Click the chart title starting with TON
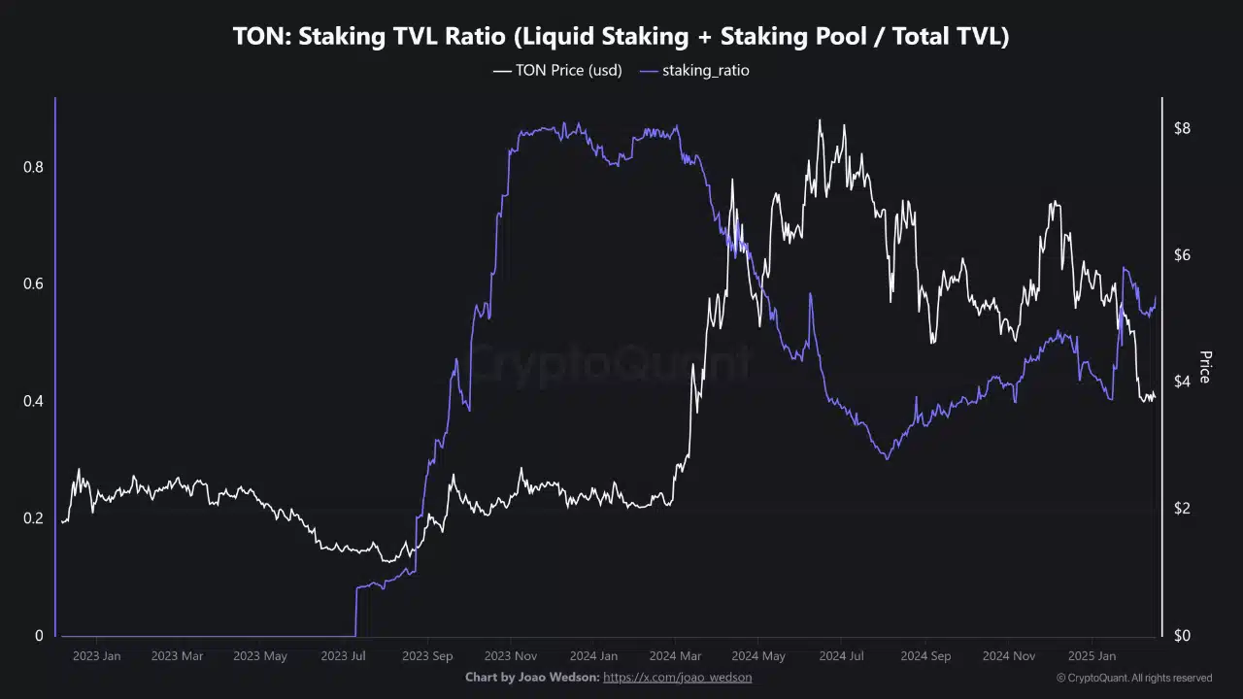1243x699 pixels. point(621,37)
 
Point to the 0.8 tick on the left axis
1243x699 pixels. point(33,167)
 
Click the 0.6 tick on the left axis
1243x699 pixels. point(33,284)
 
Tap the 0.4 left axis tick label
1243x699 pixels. point(33,402)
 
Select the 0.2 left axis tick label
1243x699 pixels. point(33,518)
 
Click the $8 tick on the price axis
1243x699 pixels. point(1183,129)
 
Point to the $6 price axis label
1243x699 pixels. point(1183,255)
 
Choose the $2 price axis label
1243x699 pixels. point(1183,509)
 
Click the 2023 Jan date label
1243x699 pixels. point(97,656)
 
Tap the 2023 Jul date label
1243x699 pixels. point(343,656)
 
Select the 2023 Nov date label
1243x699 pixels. point(512,656)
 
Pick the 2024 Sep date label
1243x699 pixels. point(925,656)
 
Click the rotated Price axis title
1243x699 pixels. point(1205,367)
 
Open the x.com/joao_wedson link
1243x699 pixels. point(677,677)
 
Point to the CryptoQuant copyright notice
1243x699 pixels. point(1134,678)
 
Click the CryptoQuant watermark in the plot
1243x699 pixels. point(609,364)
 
